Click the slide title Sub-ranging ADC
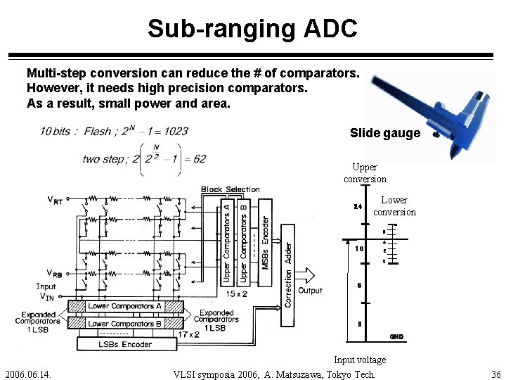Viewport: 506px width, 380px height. (252, 28)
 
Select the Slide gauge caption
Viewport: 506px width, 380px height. (384, 133)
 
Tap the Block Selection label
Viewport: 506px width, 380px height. (230, 189)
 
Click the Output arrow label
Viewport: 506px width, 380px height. (310, 290)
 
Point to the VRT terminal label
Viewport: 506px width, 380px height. (55, 200)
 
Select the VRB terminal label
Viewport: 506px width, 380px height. (55, 273)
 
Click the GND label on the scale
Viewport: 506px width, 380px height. (396, 337)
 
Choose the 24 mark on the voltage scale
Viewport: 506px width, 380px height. (358, 207)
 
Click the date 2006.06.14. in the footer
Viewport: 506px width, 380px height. (32, 374)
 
